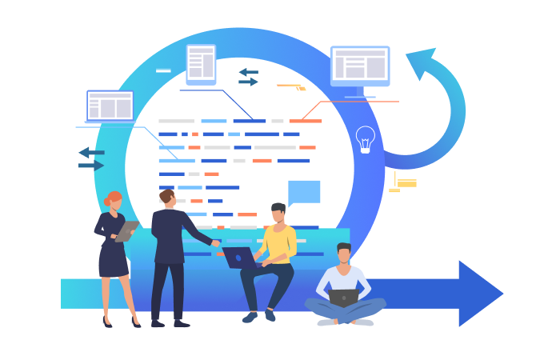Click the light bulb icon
tap(365, 138)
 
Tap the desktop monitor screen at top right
tap(360, 65)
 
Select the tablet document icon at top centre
tap(201, 64)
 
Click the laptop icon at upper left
tap(110, 106)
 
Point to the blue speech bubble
tap(303, 192)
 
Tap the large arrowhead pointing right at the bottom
tap(478, 294)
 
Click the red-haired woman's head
tap(114, 200)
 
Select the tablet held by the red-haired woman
tap(126, 230)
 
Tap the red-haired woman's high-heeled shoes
tap(120, 322)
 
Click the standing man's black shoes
tap(170, 323)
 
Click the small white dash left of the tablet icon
tap(163, 71)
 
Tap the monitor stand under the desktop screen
tap(360, 92)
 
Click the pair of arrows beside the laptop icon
tap(91, 158)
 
